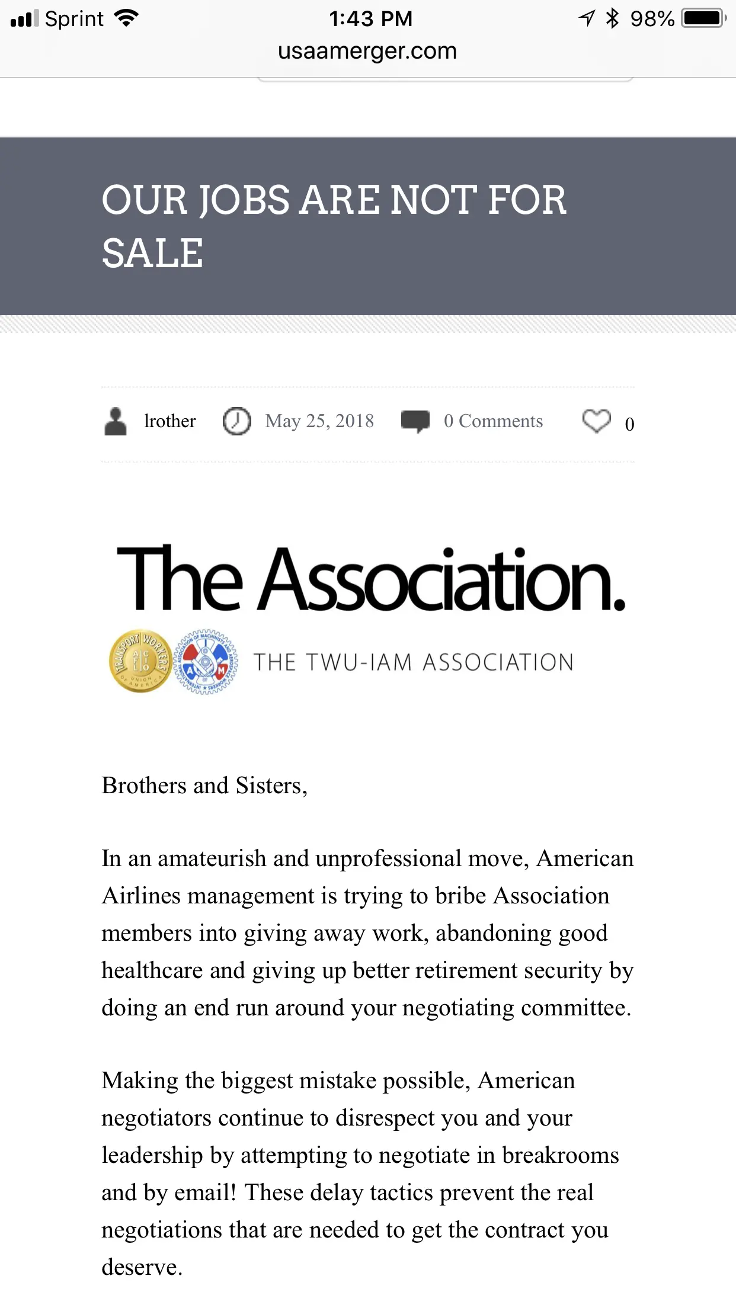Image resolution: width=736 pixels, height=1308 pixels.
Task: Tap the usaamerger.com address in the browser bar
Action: (367, 52)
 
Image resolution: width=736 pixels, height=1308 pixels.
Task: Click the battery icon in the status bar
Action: (703, 18)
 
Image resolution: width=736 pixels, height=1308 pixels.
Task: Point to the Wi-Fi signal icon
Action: (126, 18)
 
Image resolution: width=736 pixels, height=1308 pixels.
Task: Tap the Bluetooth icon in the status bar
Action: (612, 18)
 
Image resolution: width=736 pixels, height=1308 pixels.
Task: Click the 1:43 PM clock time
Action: (370, 19)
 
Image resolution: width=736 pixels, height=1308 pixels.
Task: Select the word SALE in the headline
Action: (152, 254)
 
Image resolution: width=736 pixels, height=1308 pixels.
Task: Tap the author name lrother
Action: (169, 421)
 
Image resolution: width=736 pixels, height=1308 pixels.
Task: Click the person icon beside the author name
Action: (116, 422)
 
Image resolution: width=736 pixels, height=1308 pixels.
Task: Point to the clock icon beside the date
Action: (236, 422)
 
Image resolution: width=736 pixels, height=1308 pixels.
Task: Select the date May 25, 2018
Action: (319, 421)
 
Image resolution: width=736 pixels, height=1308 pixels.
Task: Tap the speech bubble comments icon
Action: (415, 421)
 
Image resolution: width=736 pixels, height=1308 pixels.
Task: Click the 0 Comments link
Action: (493, 421)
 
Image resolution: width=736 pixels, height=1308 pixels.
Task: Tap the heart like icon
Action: (596, 421)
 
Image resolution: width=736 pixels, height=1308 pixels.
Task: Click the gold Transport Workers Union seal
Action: (141, 661)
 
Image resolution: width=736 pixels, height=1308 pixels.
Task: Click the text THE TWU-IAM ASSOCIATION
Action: (414, 662)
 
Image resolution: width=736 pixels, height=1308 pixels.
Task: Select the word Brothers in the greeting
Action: (144, 786)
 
